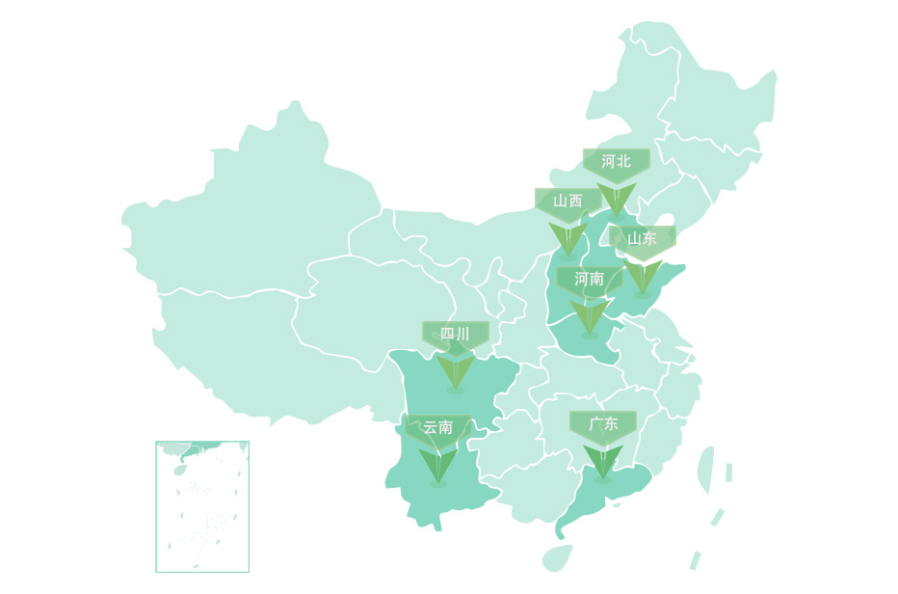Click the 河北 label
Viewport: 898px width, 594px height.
click(x=616, y=161)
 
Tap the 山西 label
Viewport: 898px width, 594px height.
click(x=568, y=201)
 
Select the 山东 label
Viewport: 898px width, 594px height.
click(x=642, y=238)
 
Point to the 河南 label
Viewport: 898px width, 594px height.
click(x=589, y=279)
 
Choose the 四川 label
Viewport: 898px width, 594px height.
click(x=455, y=334)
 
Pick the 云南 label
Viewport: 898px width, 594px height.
click(x=437, y=427)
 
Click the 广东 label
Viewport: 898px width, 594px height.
click(x=603, y=423)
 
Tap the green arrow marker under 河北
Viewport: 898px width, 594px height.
click(x=616, y=199)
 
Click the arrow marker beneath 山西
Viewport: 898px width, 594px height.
click(x=568, y=239)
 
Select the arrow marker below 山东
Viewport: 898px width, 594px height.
click(x=643, y=276)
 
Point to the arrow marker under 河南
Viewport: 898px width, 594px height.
click(x=589, y=316)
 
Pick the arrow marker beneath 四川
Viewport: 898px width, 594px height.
click(x=455, y=372)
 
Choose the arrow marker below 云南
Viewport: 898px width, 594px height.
click(x=437, y=465)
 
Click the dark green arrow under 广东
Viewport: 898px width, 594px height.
click(x=603, y=461)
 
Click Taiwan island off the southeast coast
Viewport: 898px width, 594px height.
click(x=705, y=470)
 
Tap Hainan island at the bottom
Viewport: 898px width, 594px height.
click(x=557, y=557)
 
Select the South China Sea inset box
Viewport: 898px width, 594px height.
click(x=202, y=506)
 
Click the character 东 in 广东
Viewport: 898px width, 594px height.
click(x=611, y=423)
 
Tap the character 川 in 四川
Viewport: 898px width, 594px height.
click(x=462, y=334)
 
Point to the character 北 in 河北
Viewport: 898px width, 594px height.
click(x=623, y=161)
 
